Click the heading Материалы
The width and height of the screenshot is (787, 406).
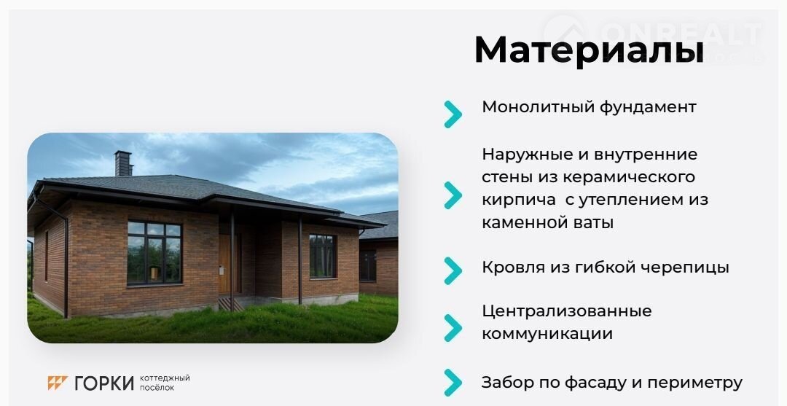(589, 50)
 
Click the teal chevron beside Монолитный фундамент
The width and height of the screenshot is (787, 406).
(453, 114)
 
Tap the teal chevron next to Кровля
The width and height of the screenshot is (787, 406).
(453, 270)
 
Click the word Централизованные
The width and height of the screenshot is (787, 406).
(567, 311)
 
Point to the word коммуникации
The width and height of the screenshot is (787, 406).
(547, 335)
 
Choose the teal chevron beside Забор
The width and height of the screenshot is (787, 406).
(453, 383)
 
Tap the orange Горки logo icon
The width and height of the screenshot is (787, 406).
(58, 383)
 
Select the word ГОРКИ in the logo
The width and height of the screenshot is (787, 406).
(104, 383)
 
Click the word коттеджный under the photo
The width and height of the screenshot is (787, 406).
(165, 378)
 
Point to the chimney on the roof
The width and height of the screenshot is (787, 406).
(123, 163)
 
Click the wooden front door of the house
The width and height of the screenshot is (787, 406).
(224, 264)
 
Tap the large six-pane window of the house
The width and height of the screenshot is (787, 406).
(154, 253)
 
